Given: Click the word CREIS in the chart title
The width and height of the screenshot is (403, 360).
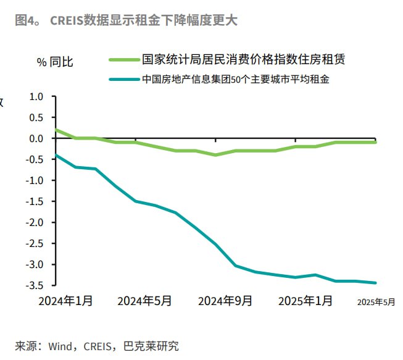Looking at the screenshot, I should (x=67, y=20).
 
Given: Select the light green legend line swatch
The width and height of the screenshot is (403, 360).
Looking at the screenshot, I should (x=123, y=60).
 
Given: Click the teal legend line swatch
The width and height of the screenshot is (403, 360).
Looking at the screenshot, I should (x=123, y=79).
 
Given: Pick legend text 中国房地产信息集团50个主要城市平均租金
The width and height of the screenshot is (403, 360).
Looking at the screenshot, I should (x=235, y=79).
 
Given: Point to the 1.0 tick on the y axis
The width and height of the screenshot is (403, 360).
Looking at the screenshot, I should (x=36, y=96).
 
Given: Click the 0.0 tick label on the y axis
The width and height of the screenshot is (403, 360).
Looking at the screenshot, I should (x=36, y=138).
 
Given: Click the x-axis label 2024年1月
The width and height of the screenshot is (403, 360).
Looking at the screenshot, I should (x=65, y=301).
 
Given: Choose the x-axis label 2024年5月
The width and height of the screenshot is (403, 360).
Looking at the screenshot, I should (x=144, y=301).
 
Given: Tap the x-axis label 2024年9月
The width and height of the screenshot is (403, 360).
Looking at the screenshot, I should (x=225, y=301).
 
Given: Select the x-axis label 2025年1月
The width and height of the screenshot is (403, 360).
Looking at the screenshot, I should (x=305, y=301).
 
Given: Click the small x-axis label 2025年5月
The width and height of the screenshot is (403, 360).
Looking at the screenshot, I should (x=376, y=301).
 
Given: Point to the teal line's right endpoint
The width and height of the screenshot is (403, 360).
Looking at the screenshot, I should (x=376, y=283).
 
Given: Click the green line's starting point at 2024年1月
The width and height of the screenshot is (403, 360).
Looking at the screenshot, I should (x=56, y=130).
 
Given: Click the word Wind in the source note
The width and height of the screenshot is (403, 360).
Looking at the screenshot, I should (x=62, y=346).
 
